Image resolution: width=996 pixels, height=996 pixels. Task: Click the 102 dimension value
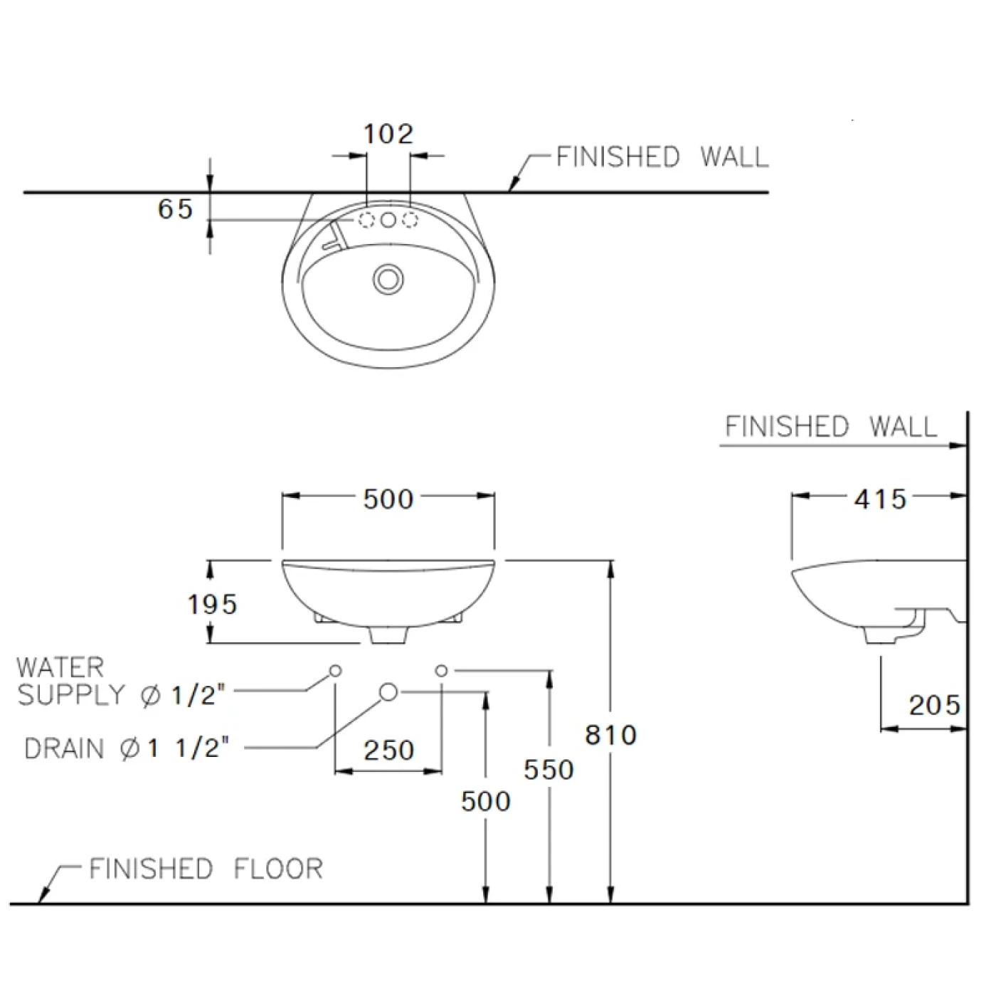pos(388,134)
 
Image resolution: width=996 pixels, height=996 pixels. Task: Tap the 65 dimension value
pos(176,209)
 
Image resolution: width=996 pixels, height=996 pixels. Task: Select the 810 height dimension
pos(610,734)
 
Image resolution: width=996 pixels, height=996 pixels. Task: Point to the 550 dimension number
pos(549,769)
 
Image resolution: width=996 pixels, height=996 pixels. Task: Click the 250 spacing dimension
pos(388,750)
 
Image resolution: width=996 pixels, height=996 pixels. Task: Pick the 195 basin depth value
pos(212,604)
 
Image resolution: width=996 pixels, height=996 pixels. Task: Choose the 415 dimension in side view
pos(880,499)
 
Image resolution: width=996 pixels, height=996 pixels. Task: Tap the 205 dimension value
pos(934,705)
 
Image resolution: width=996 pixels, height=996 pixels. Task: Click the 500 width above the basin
pos(388,499)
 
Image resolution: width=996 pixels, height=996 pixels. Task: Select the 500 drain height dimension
pos(486,801)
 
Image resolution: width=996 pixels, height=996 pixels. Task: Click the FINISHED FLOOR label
pos(206,869)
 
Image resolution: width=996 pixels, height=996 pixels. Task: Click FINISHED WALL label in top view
pos(662,157)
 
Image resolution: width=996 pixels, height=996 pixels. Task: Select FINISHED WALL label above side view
pos(831,427)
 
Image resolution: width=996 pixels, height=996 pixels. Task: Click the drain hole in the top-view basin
pos(388,278)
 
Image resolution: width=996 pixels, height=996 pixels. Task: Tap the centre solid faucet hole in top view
pos(388,221)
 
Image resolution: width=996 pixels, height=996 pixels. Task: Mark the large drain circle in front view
pos(388,691)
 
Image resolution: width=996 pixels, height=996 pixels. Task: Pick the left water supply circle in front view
pos(335,670)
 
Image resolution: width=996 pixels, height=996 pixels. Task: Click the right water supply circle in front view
pos(441,670)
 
